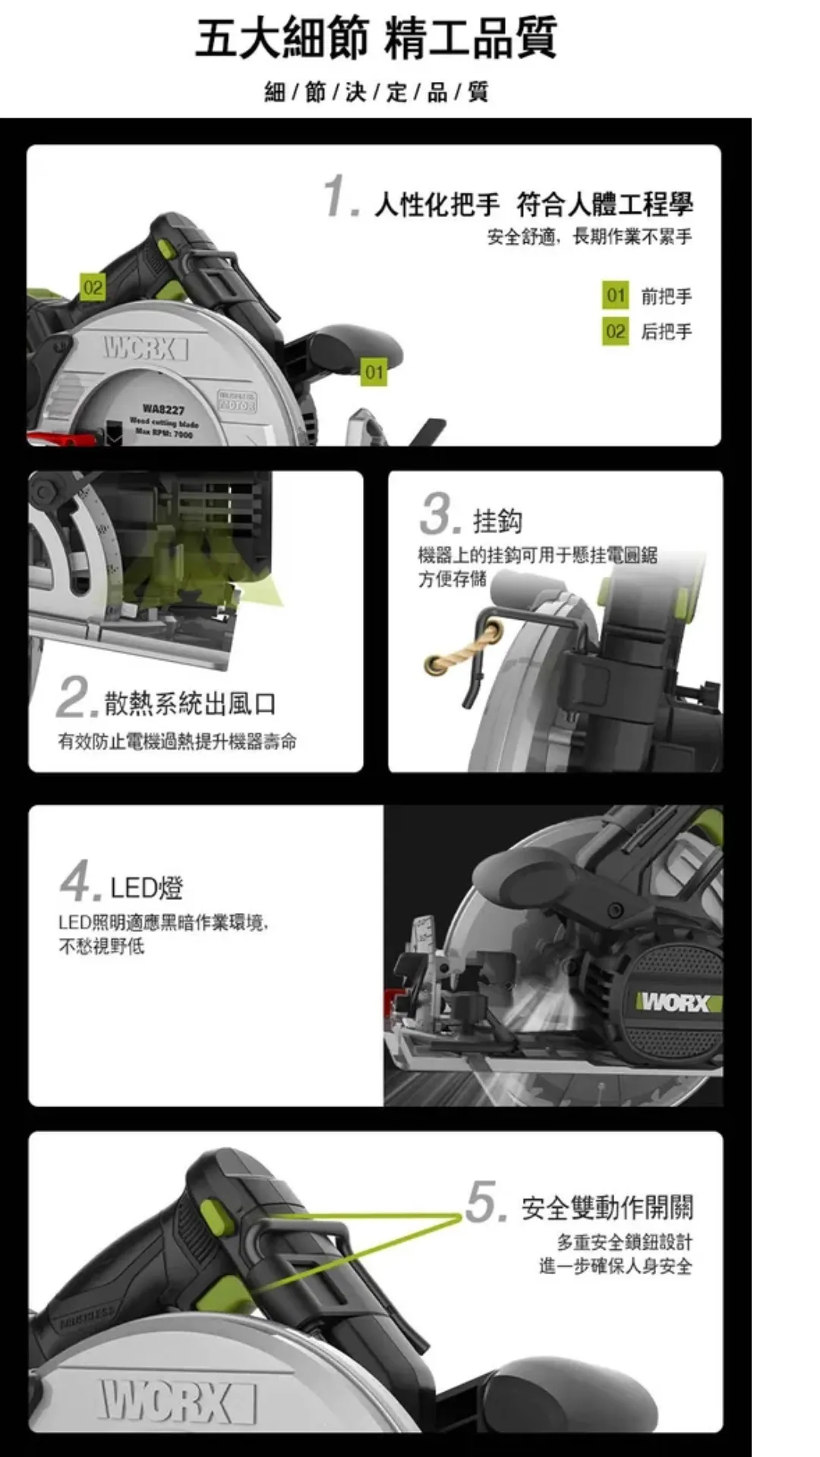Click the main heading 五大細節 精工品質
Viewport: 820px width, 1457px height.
(376, 38)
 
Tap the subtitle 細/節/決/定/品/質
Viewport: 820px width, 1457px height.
(376, 93)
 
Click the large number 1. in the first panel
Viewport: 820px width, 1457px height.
(339, 197)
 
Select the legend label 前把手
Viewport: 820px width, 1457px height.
(666, 296)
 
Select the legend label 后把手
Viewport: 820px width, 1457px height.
(666, 332)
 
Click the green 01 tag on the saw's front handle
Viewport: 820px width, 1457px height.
(373, 372)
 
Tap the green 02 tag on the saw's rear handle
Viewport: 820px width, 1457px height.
(93, 288)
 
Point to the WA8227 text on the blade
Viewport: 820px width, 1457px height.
(163, 410)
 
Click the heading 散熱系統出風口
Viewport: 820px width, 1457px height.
(190, 703)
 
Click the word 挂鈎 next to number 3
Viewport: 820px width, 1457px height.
(497, 521)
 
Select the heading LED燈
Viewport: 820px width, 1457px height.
(147, 887)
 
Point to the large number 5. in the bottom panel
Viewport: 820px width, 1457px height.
(484, 1202)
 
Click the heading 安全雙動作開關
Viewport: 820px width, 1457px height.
(607, 1207)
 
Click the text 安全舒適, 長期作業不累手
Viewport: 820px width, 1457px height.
(588, 237)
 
